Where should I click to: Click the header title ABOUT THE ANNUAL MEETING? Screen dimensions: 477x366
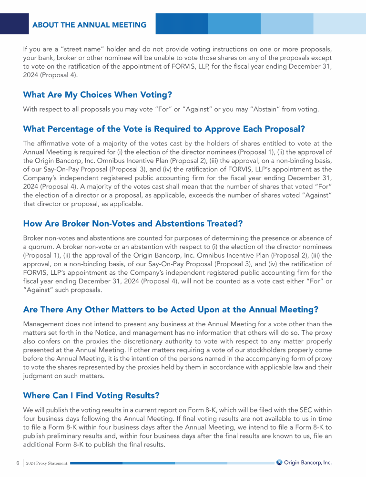click(89, 25)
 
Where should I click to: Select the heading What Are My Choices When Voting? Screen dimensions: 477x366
click(97, 94)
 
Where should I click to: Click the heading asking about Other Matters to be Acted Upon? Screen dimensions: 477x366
click(171, 309)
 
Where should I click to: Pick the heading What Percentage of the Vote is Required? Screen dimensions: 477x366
click(164, 129)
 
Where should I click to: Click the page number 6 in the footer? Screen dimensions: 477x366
click(18, 463)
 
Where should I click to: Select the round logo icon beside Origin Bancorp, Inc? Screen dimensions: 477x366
click(280, 462)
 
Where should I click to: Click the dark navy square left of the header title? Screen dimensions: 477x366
click(14, 23)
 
